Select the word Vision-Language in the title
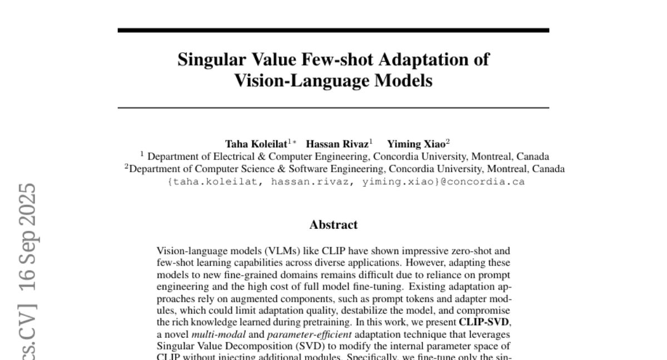click(x=291, y=81)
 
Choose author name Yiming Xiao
click(x=416, y=143)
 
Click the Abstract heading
click(x=333, y=225)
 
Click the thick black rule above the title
click(x=333, y=30)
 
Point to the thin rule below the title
click(x=333, y=107)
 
